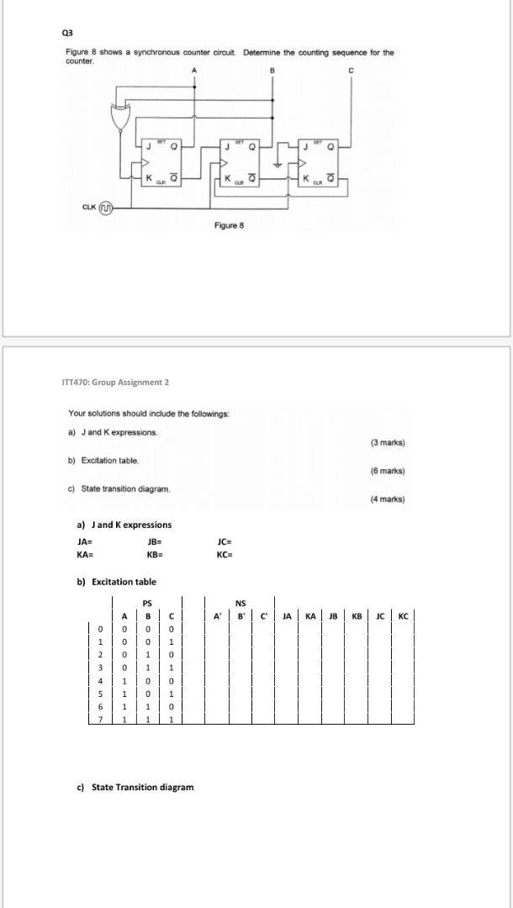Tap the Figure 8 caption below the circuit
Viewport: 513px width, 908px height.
[x=229, y=225]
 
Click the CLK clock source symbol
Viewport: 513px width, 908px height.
[x=105, y=206]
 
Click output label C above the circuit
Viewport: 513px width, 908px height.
[x=352, y=71]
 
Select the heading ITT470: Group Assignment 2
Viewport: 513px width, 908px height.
[x=115, y=383]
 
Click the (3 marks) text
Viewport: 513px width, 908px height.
[x=387, y=442]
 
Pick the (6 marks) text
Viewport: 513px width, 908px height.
[x=387, y=471]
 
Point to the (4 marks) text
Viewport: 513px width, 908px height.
[x=387, y=499]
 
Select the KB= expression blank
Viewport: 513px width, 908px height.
[x=154, y=555]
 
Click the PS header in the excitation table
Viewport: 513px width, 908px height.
[x=147, y=603]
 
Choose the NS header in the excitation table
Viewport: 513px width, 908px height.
[x=241, y=603]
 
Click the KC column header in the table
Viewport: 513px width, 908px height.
[x=403, y=615]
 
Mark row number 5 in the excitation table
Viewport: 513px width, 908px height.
[x=99, y=694]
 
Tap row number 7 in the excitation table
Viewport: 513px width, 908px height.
[x=99, y=720]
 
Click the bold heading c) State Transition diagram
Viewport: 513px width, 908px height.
[x=135, y=787]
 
